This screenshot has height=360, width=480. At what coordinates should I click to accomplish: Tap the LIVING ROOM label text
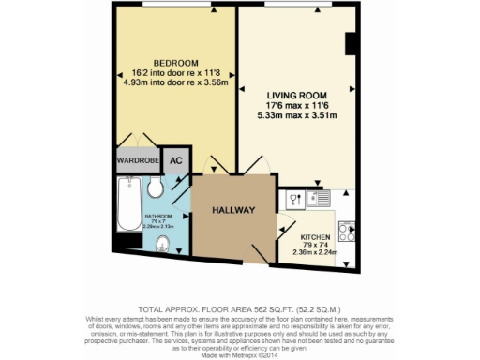click(295, 96)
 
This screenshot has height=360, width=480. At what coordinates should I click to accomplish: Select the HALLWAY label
click(232, 209)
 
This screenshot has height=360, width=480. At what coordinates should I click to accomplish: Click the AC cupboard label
click(175, 160)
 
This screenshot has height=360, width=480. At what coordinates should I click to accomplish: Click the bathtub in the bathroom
click(127, 205)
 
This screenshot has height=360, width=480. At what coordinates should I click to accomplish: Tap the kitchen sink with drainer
click(309, 199)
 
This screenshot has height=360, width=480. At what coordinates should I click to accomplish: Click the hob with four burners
click(347, 230)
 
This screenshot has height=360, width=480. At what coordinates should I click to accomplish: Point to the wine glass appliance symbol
click(293, 200)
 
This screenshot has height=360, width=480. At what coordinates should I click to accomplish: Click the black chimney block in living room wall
click(351, 44)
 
